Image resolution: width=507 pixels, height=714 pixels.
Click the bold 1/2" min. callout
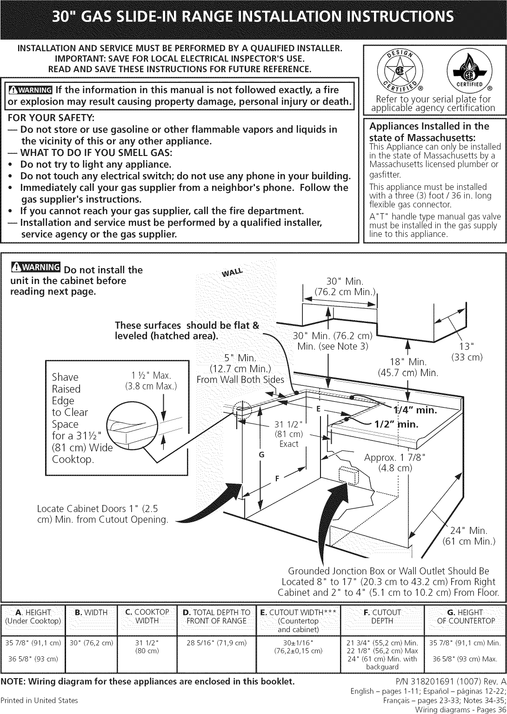(396, 424)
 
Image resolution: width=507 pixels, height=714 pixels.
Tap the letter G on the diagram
(262, 455)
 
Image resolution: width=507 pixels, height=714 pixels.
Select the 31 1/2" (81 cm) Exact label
(289, 434)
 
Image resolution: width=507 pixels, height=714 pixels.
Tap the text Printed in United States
(39, 700)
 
